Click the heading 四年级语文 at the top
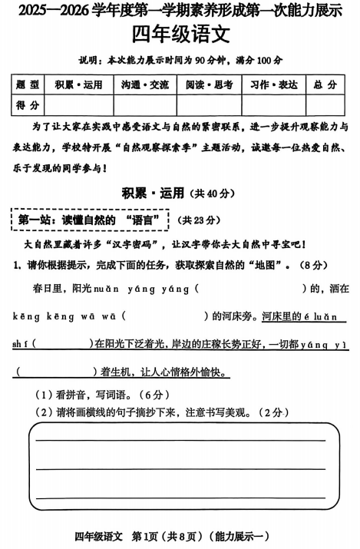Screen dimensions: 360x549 pos(180,35)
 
